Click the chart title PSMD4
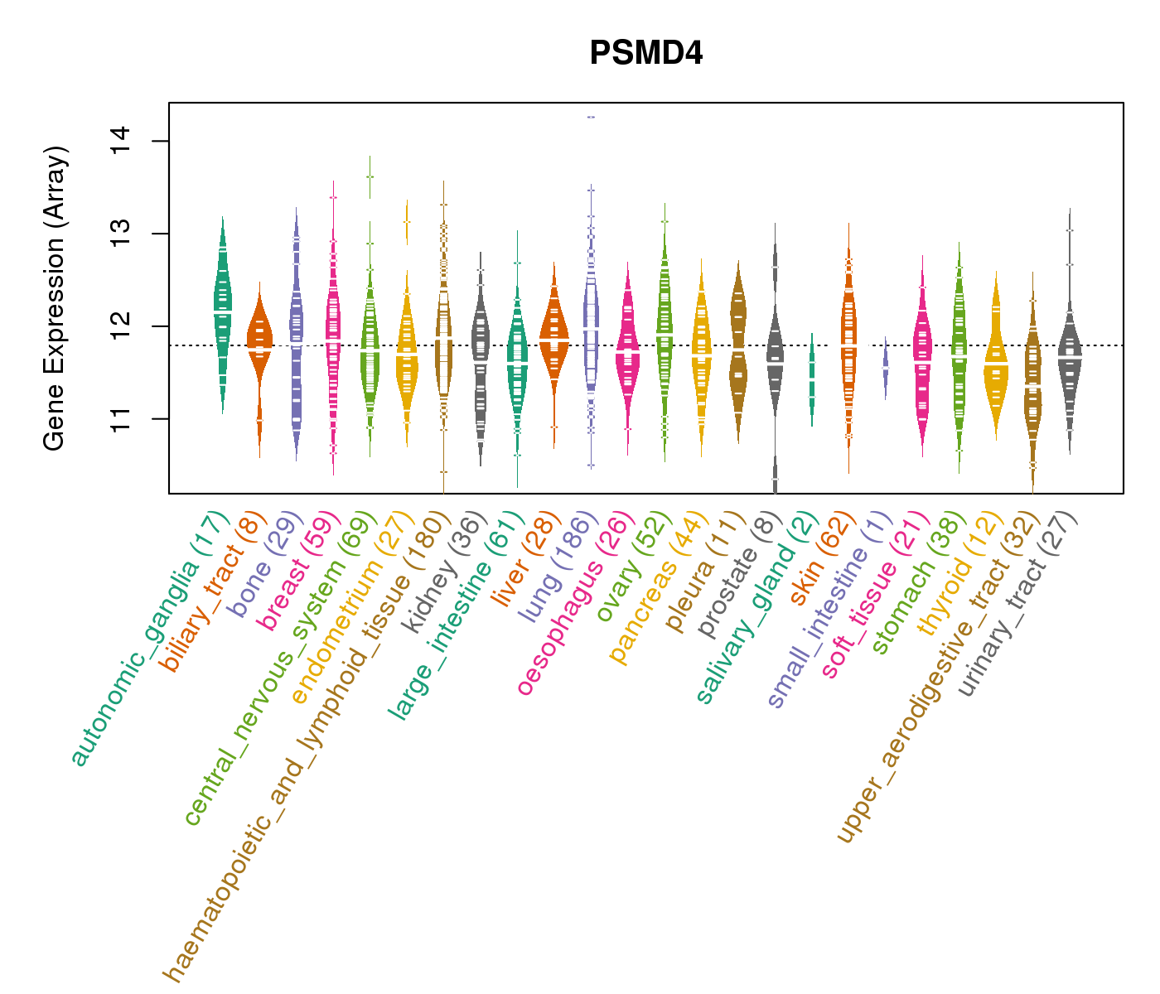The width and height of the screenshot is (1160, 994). click(x=646, y=54)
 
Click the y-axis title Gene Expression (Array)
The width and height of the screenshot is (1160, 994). click(x=55, y=298)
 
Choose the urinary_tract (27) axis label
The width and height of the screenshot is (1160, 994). click(x=1017, y=605)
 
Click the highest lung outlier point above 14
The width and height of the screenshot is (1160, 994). click(x=591, y=118)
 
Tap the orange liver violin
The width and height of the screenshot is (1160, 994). click(x=554, y=340)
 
